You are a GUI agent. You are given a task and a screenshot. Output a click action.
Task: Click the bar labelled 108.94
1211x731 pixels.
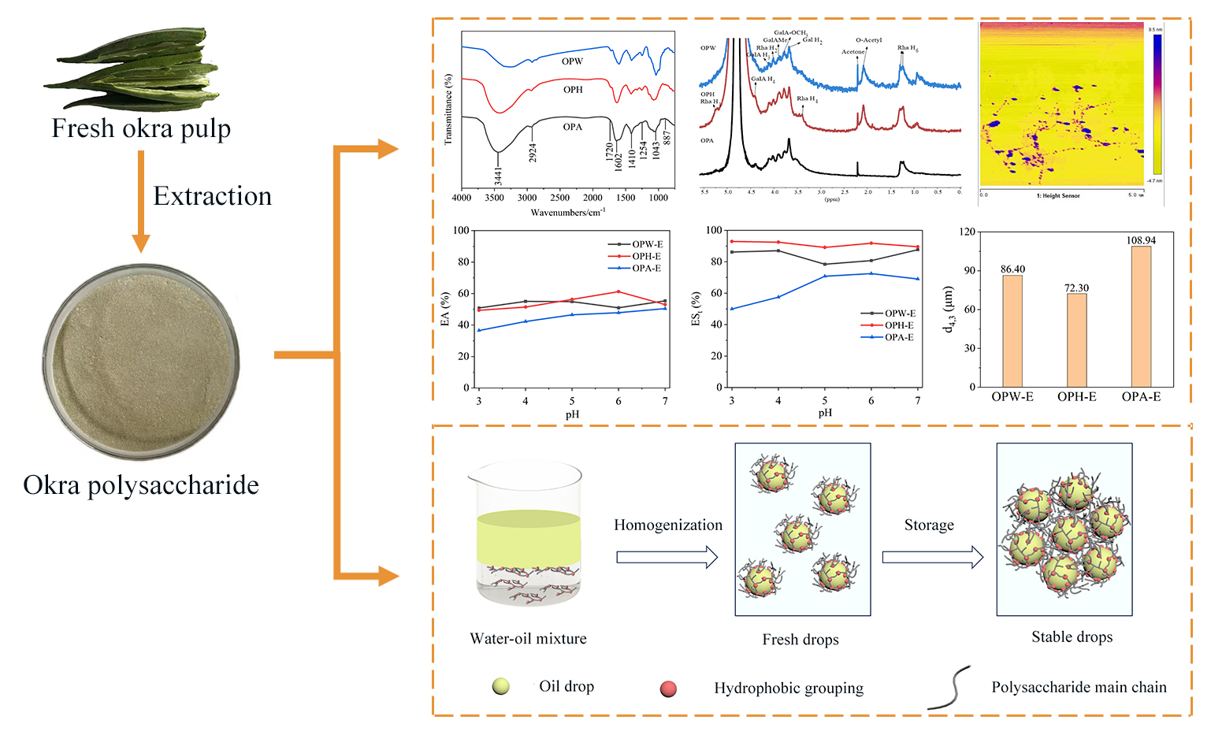pos(1141,316)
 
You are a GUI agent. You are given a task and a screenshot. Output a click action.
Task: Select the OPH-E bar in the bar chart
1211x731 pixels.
pos(1076,340)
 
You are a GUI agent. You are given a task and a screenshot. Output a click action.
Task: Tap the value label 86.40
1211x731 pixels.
pos(1012,269)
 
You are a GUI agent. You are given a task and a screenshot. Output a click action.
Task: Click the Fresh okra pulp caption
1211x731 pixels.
pos(141,128)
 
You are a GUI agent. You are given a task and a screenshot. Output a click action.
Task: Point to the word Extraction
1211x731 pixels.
pos(212,196)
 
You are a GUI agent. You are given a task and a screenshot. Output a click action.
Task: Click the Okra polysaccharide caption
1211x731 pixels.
pos(141,484)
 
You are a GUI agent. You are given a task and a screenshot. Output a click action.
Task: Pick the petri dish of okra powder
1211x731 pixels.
pos(141,362)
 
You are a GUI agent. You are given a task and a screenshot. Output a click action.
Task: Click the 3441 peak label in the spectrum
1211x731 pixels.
pos(498,176)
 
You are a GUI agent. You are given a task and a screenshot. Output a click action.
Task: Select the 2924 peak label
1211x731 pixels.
pos(533,152)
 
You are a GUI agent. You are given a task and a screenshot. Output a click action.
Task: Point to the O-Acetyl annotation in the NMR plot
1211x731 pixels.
pos(868,40)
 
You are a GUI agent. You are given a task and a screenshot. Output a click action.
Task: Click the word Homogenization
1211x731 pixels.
pos(668,525)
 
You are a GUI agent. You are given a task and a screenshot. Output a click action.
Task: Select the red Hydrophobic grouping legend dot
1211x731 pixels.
pos(668,688)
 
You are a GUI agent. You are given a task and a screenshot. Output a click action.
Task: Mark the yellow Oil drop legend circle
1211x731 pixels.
pos(500,686)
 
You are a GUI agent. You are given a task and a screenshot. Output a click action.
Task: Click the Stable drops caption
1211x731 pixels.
pos(1072,637)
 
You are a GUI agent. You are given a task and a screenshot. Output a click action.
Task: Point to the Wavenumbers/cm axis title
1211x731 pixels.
pos(567,213)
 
